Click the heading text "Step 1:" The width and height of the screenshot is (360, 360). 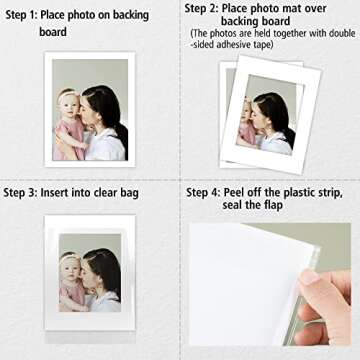(23, 15)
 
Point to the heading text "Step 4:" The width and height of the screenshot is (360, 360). (206, 191)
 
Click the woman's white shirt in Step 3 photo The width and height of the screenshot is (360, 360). (105, 299)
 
